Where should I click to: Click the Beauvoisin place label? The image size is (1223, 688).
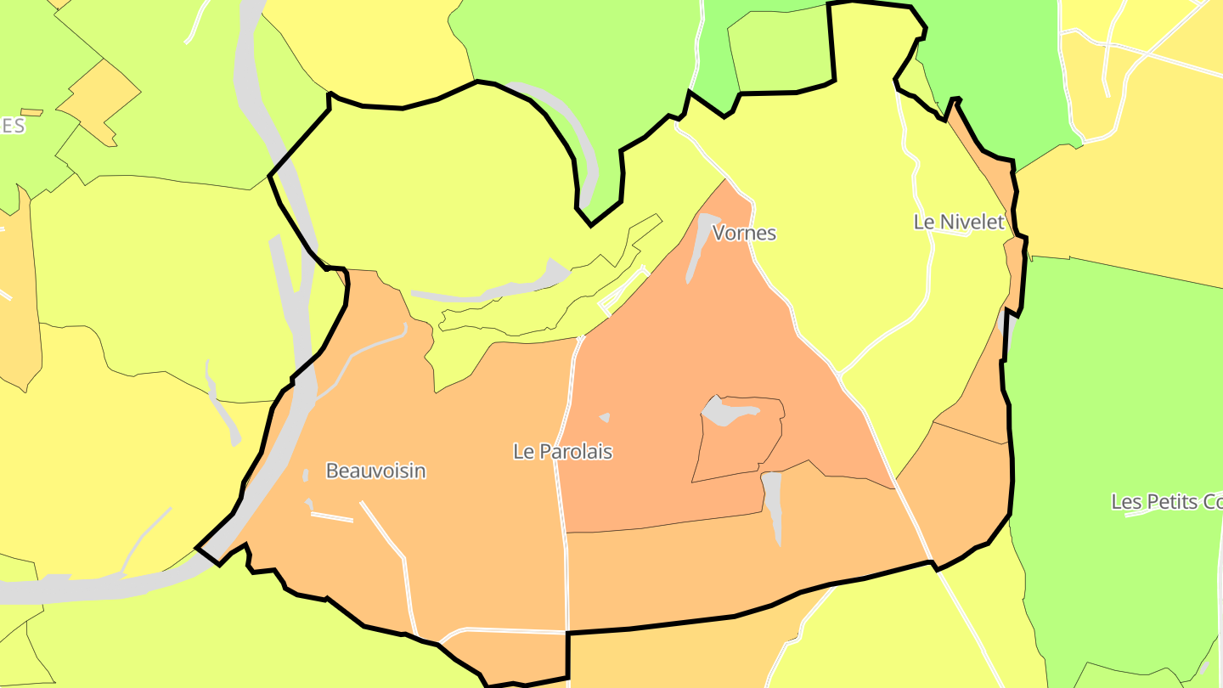(375, 471)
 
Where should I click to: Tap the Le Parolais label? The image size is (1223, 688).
(562, 451)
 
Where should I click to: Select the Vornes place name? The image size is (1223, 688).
(744, 233)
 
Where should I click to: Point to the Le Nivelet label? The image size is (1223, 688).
(959, 223)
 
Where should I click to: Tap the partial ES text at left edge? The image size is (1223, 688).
(12, 127)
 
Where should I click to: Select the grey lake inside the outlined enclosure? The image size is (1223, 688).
(729, 410)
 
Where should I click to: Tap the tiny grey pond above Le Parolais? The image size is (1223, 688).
(605, 417)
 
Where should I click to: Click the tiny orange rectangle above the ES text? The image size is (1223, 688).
(31, 112)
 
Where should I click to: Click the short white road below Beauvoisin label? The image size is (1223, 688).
(332, 516)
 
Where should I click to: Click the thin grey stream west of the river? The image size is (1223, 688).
(221, 403)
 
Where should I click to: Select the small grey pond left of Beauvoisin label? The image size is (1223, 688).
(306, 475)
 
